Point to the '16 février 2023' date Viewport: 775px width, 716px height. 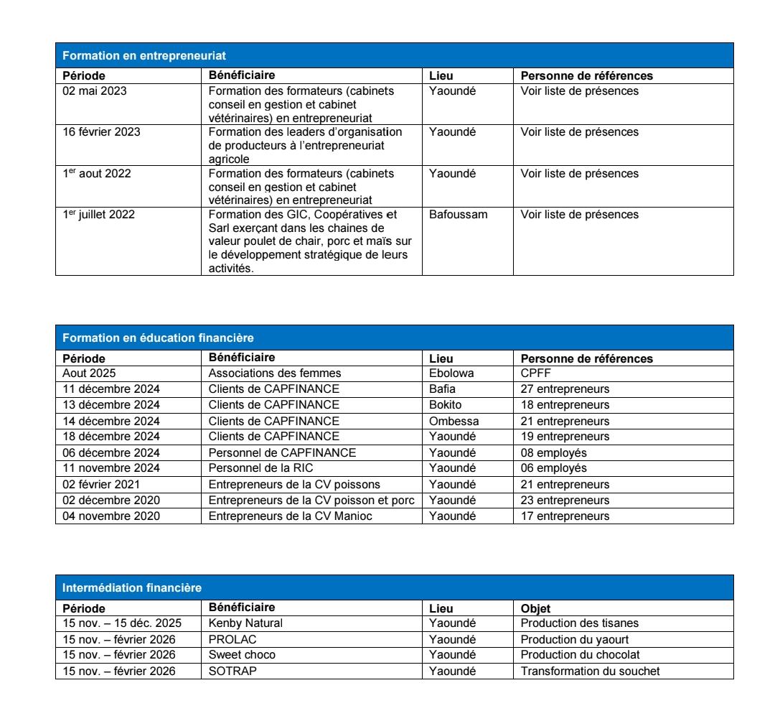pos(101,132)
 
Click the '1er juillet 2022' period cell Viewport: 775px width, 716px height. pos(98,215)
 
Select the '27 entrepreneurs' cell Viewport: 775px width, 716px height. pos(565,389)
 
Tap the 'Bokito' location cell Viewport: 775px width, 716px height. pos(446,405)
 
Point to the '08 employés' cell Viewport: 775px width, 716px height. pos(554,452)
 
